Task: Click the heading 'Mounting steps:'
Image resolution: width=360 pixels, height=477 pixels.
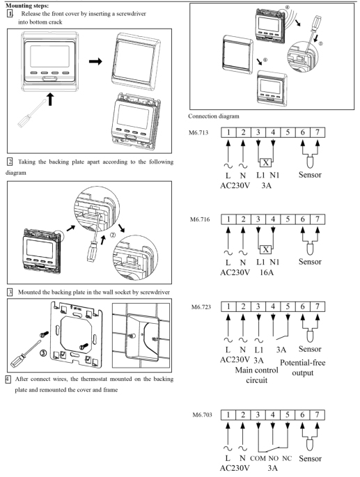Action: (27, 6)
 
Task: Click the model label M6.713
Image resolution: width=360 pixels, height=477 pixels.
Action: (198, 132)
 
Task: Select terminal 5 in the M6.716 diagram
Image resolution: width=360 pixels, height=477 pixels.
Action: (288, 219)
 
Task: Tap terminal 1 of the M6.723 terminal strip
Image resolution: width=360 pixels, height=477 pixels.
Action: (228, 306)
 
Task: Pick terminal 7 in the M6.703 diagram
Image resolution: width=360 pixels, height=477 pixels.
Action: (318, 414)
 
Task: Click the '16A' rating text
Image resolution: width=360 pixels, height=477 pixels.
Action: (266, 272)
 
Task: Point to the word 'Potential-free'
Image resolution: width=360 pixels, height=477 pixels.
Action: (302, 363)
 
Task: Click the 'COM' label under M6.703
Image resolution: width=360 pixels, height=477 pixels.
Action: (258, 458)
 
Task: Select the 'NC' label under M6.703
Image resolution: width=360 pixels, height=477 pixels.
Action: (287, 458)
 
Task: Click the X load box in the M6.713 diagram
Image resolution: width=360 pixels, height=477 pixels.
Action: (266, 162)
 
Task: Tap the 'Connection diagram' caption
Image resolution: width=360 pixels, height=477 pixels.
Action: (214, 116)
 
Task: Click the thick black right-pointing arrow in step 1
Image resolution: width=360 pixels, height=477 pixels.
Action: (95, 61)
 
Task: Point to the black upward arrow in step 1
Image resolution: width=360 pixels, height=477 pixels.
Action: (50, 100)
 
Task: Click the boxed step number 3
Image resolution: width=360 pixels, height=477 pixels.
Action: (10, 292)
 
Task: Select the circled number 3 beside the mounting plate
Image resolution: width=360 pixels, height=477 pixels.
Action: (43, 353)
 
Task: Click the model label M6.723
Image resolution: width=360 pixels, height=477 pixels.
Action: (201, 306)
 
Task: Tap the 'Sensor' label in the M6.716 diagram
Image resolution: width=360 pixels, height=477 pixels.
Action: (310, 262)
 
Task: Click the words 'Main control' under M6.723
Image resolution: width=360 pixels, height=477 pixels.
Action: (256, 370)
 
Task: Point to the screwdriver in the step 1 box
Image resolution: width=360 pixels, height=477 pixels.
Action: (31, 114)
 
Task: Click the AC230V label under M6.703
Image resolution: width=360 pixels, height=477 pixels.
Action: (235, 467)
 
